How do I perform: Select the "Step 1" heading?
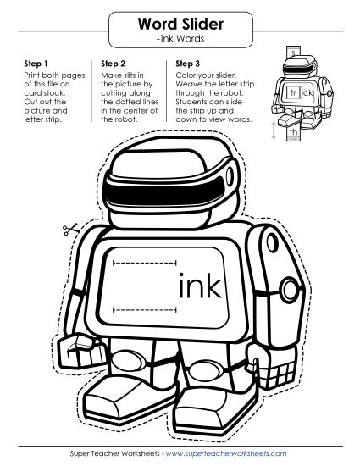[27, 64]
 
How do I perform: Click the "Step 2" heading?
[114, 64]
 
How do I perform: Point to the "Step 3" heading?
[188, 64]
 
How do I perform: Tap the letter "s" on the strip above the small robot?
[294, 53]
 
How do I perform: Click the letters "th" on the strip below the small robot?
[293, 131]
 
